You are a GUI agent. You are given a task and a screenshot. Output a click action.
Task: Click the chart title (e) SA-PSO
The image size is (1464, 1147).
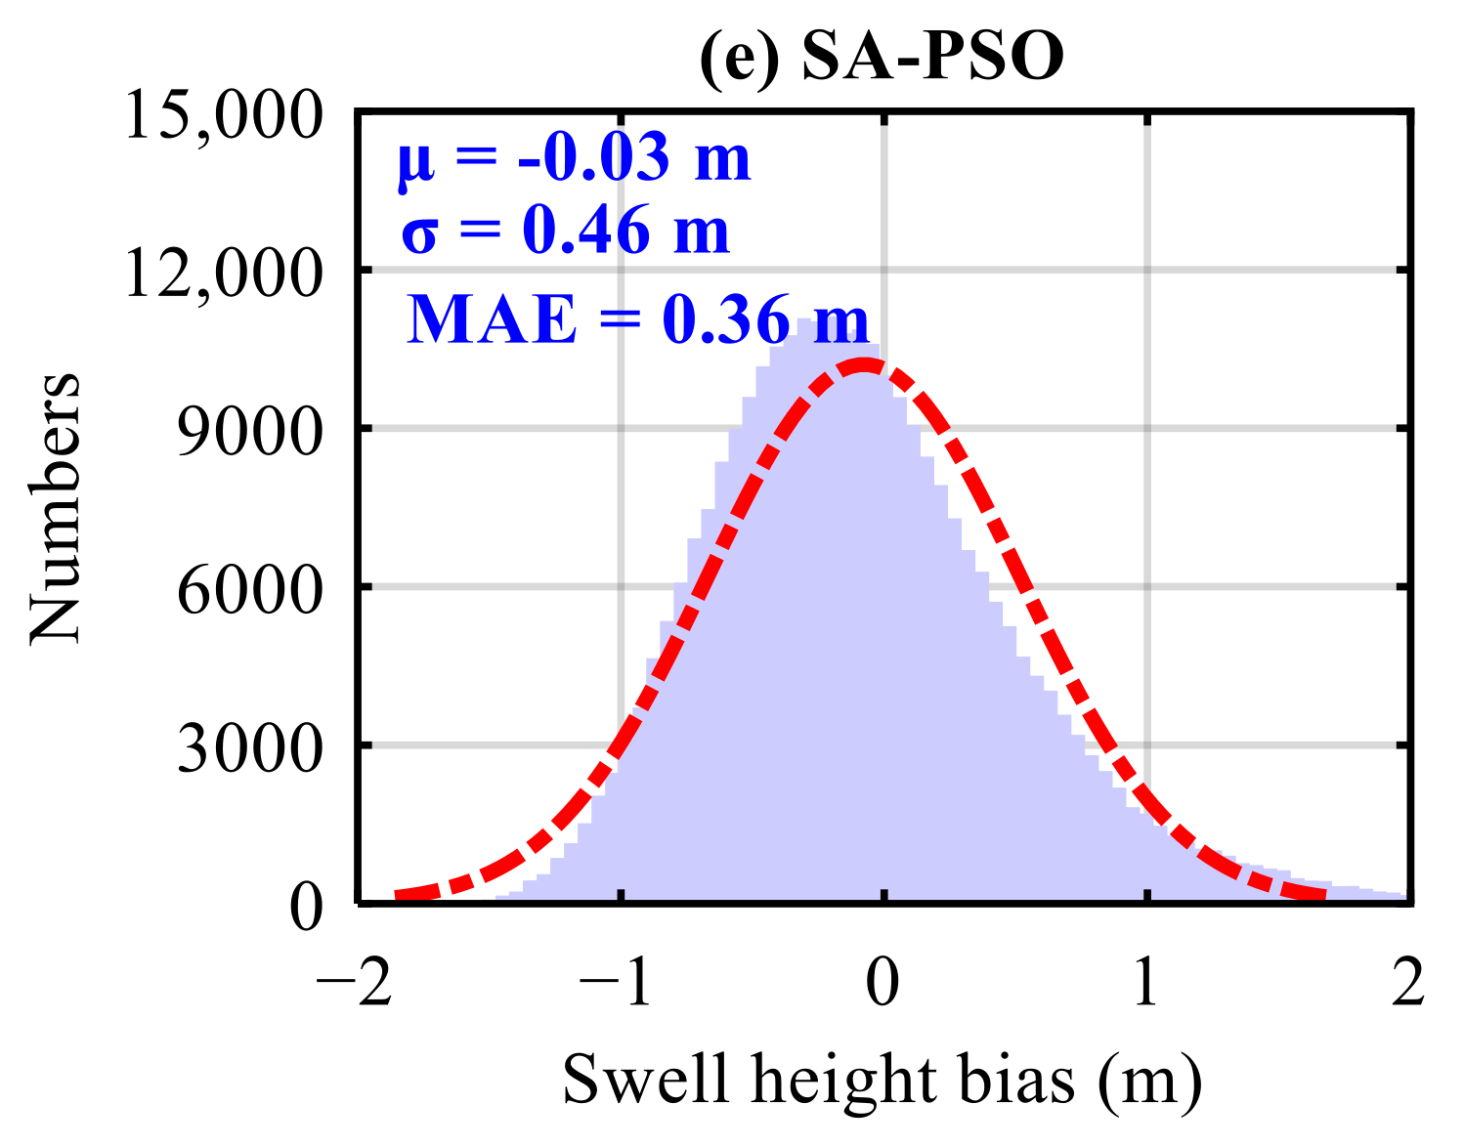[881, 57]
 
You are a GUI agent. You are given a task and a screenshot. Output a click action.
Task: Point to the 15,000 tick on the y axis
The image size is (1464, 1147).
[223, 116]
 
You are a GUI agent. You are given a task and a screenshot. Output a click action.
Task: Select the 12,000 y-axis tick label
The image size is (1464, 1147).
[223, 274]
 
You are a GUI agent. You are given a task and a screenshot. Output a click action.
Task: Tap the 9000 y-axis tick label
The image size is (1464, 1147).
[249, 432]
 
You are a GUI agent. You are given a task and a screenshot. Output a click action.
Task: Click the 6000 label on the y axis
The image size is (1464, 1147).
[249, 590]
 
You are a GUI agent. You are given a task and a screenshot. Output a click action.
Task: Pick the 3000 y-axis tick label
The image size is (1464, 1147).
[249, 748]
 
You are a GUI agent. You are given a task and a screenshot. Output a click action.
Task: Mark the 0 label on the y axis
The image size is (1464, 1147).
[306, 907]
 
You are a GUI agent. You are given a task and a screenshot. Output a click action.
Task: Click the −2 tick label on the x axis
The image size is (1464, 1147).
[353, 982]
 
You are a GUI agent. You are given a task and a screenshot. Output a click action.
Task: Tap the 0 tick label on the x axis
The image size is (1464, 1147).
[883, 982]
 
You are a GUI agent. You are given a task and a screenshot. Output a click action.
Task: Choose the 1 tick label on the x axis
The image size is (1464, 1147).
[1145, 982]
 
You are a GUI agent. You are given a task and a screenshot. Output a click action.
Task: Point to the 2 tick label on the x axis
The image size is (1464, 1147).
[1408, 982]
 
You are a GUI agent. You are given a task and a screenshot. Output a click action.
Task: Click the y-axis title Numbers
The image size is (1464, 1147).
[55, 508]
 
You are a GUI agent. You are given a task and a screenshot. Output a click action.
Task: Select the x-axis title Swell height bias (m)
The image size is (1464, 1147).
[882, 1080]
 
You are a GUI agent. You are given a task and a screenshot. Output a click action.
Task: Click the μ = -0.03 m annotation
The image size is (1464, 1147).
[574, 158]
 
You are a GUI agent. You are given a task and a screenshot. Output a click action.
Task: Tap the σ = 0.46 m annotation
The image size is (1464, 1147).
[565, 232]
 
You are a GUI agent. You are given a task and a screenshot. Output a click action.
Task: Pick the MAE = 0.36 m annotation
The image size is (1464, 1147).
[637, 319]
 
